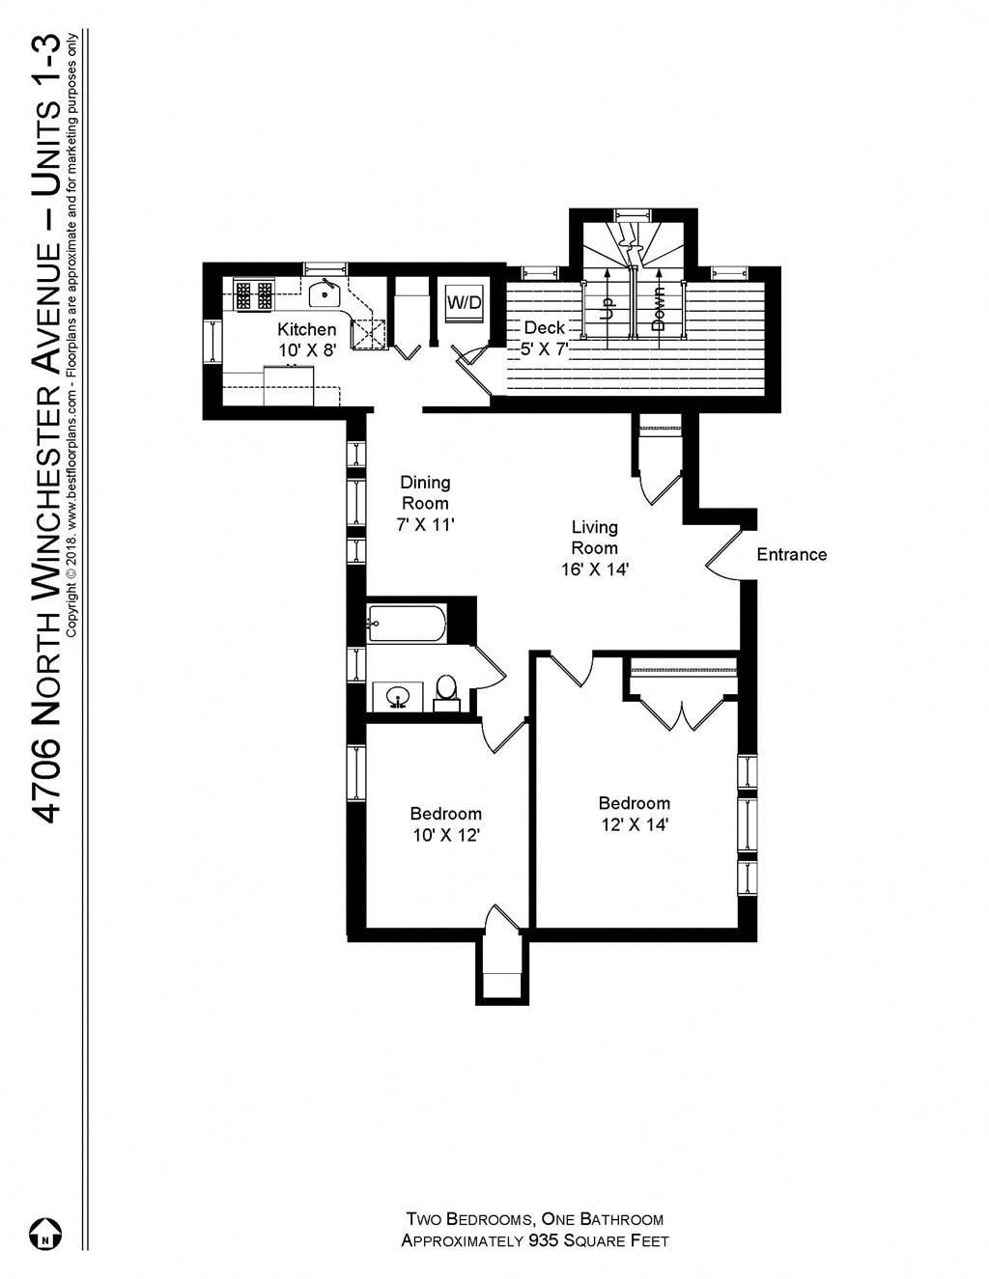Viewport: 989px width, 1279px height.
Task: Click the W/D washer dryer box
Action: tap(464, 302)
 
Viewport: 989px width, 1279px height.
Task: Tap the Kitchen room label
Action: tap(306, 329)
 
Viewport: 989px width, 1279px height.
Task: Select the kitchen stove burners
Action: tap(254, 293)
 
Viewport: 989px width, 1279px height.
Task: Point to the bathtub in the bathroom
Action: tap(407, 624)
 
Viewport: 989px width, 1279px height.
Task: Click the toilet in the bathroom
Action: tap(446, 690)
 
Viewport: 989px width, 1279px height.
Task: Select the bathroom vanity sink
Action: tap(398, 696)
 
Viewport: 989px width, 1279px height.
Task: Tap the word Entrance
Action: tap(791, 554)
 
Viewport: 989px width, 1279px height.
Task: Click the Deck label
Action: tap(544, 328)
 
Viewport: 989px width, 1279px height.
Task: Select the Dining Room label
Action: tap(425, 492)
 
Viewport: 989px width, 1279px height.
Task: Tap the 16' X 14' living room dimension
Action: tap(595, 570)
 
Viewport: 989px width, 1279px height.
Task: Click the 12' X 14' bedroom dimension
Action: tap(635, 824)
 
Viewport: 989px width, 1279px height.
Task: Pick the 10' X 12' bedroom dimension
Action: tap(446, 835)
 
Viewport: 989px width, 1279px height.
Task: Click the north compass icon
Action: tap(45, 1234)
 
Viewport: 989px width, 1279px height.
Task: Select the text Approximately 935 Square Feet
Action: tap(535, 1240)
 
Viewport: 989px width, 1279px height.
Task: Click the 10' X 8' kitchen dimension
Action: tap(306, 350)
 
